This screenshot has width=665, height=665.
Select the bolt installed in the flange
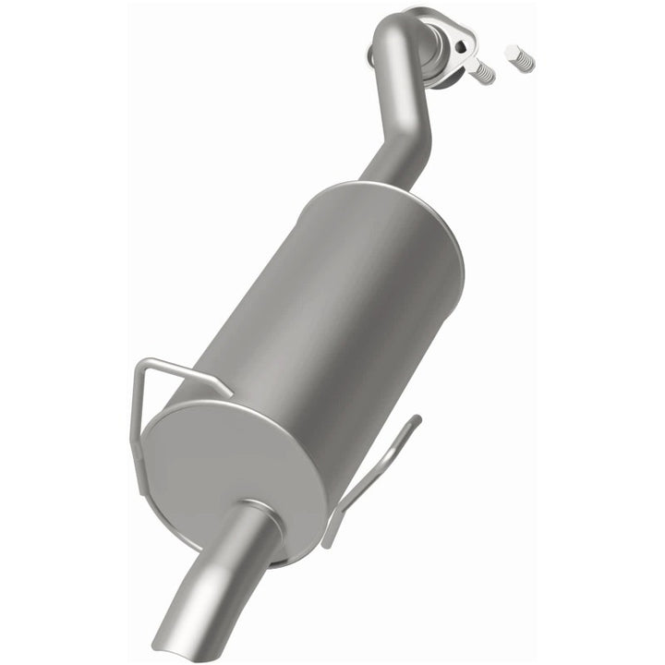coord(482,72)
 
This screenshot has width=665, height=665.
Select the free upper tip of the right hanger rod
coord(417,420)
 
